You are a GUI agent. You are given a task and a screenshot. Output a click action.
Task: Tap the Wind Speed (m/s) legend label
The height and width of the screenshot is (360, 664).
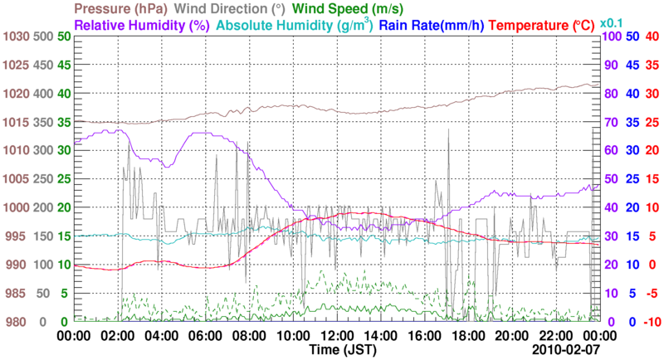(x=348, y=9)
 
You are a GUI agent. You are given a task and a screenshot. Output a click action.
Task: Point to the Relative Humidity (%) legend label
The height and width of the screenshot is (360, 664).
(x=142, y=25)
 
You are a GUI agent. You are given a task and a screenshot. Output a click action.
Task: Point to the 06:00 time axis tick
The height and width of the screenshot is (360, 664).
(x=204, y=336)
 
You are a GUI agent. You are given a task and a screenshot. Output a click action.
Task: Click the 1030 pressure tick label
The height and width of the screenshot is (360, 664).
(x=16, y=36)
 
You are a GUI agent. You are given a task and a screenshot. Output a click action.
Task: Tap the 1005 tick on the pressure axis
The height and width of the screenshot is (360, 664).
(x=16, y=179)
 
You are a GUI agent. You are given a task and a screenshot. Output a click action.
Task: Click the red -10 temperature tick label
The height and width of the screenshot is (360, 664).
(x=651, y=322)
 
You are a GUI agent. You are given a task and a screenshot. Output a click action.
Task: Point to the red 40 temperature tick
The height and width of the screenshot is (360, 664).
(x=652, y=36)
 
